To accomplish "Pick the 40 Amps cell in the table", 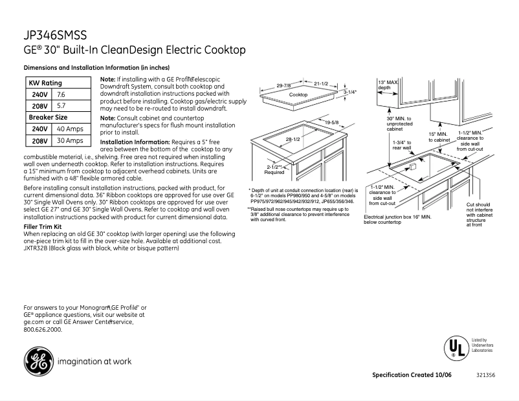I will click(70, 129).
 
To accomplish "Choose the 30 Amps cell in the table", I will click(70, 140).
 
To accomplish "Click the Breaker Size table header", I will click(48, 117).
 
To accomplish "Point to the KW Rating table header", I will click(45, 83).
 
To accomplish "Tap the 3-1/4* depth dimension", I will click(349, 92).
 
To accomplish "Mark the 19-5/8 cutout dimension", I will click(332, 122).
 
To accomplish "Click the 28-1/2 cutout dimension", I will click(293, 139).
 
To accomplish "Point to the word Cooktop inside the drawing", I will click(298, 94).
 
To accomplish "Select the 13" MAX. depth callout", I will click(388, 85).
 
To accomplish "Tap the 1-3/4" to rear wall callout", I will click(402, 144).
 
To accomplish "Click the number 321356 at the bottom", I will click(485, 375).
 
